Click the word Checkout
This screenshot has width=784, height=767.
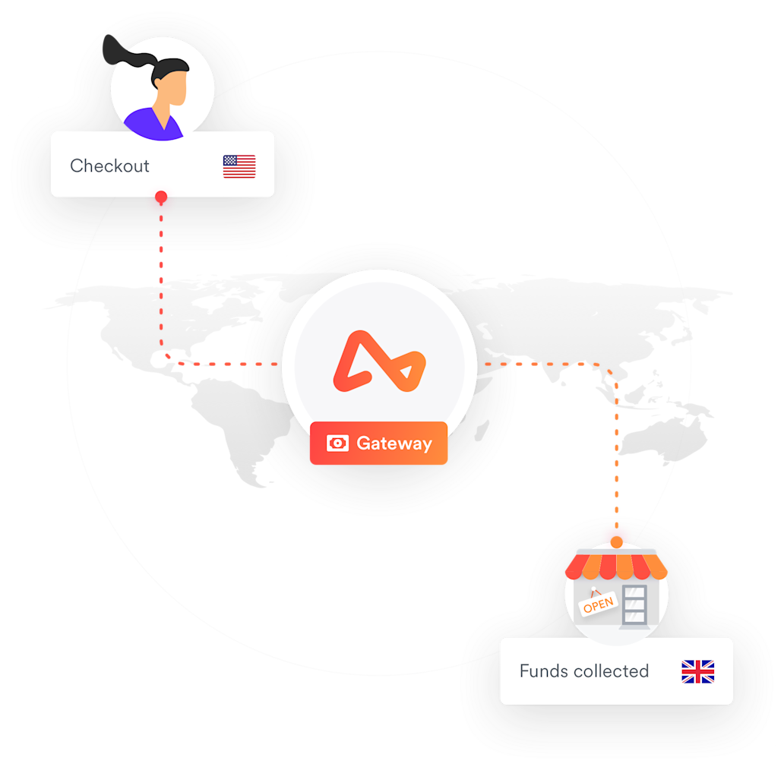(109, 166)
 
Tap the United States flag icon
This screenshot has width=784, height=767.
(239, 166)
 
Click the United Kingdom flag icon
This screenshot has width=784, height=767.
(697, 671)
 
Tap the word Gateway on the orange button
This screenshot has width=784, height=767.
(394, 443)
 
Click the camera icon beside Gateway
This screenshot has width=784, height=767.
(337, 443)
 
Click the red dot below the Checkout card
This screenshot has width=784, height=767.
(161, 198)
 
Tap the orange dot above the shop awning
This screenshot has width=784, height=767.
(617, 541)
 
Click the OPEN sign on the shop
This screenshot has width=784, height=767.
(599, 604)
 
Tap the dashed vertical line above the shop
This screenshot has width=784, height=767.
(617, 456)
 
